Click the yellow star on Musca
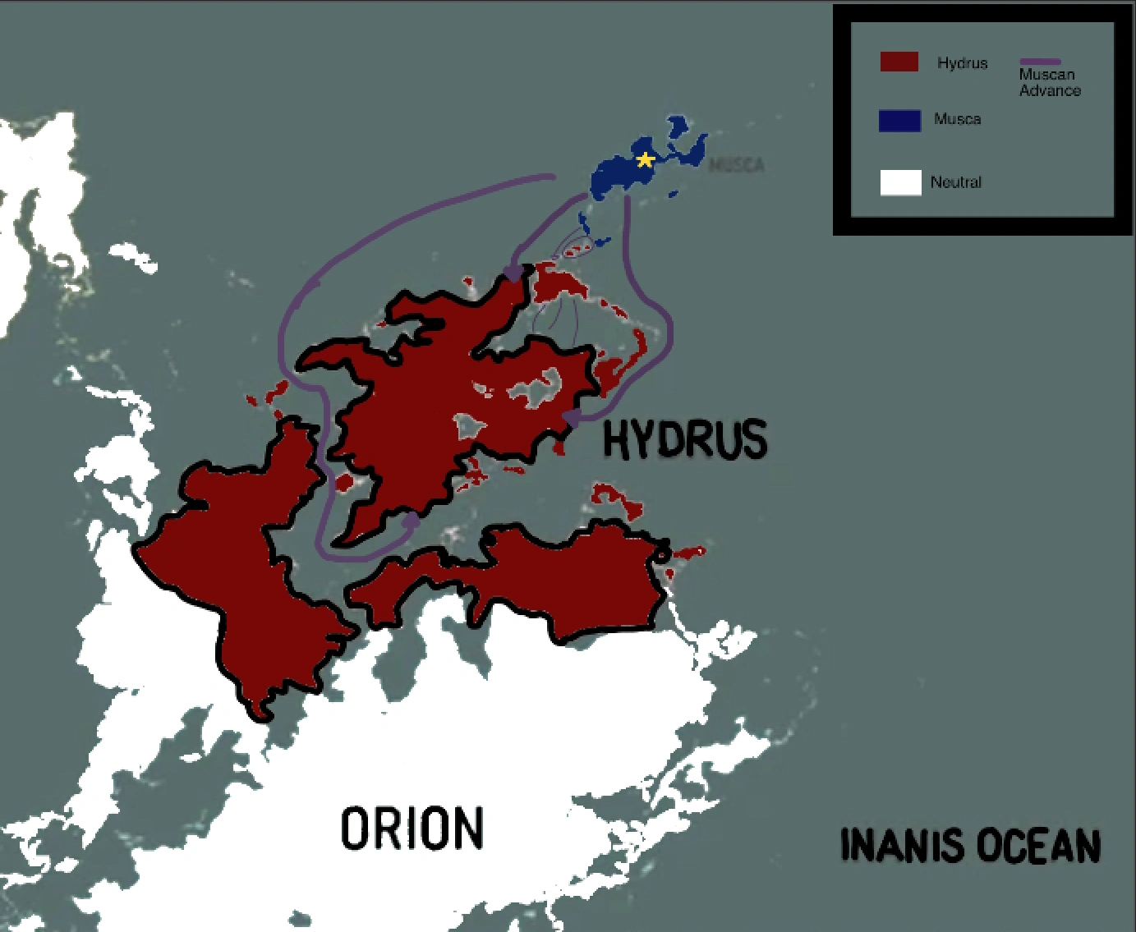(x=646, y=159)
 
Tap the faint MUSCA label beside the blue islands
(x=737, y=165)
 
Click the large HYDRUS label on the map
(x=685, y=438)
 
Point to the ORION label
(x=412, y=828)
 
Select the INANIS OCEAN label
(x=970, y=846)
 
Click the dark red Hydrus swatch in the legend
(x=899, y=62)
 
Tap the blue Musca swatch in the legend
(x=899, y=120)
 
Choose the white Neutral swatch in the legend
(x=900, y=182)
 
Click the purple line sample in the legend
(x=1040, y=62)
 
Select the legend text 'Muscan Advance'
(x=1050, y=82)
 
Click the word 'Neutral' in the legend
(x=955, y=182)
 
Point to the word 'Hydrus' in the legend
(x=962, y=63)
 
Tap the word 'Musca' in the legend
(x=957, y=119)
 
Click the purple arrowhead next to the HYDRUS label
(x=571, y=418)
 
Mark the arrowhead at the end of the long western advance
(x=411, y=521)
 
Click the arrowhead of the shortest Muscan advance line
(x=513, y=273)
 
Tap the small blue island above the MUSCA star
(x=678, y=126)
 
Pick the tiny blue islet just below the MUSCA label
(x=674, y=195)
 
